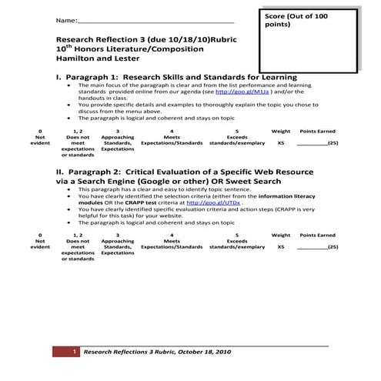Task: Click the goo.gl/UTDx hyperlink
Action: pos(225,202)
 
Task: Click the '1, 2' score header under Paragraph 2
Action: pos(78,234)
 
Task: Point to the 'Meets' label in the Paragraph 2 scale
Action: pos(171,240)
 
